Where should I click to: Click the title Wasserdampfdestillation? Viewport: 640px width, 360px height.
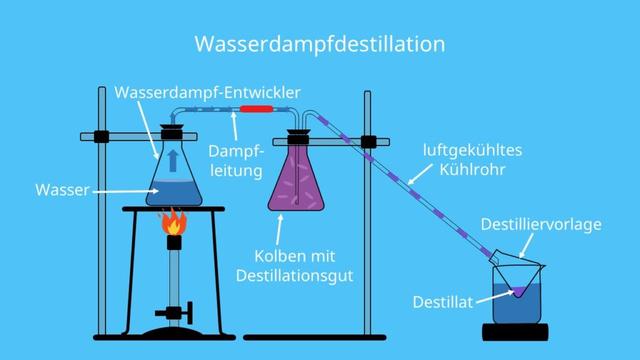pyautogui.click(x=319, y=44)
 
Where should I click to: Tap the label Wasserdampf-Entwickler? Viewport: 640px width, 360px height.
pyautogui.click(x=207, y=91)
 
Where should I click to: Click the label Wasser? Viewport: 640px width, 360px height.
pyautogui.click(x=63, y=188)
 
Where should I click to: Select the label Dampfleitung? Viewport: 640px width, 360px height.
pyautogui.click(x=235, y=160)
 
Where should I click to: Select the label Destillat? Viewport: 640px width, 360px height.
pyautogui.click(x=442, y=300)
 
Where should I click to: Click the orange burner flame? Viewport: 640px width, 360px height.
pyautogui.click(x=175, y=222)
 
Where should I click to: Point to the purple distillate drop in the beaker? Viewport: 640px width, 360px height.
pyautogui.click(x=520, y=292)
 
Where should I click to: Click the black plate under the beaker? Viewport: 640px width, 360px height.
pyautogui.click(x=519, y=331)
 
